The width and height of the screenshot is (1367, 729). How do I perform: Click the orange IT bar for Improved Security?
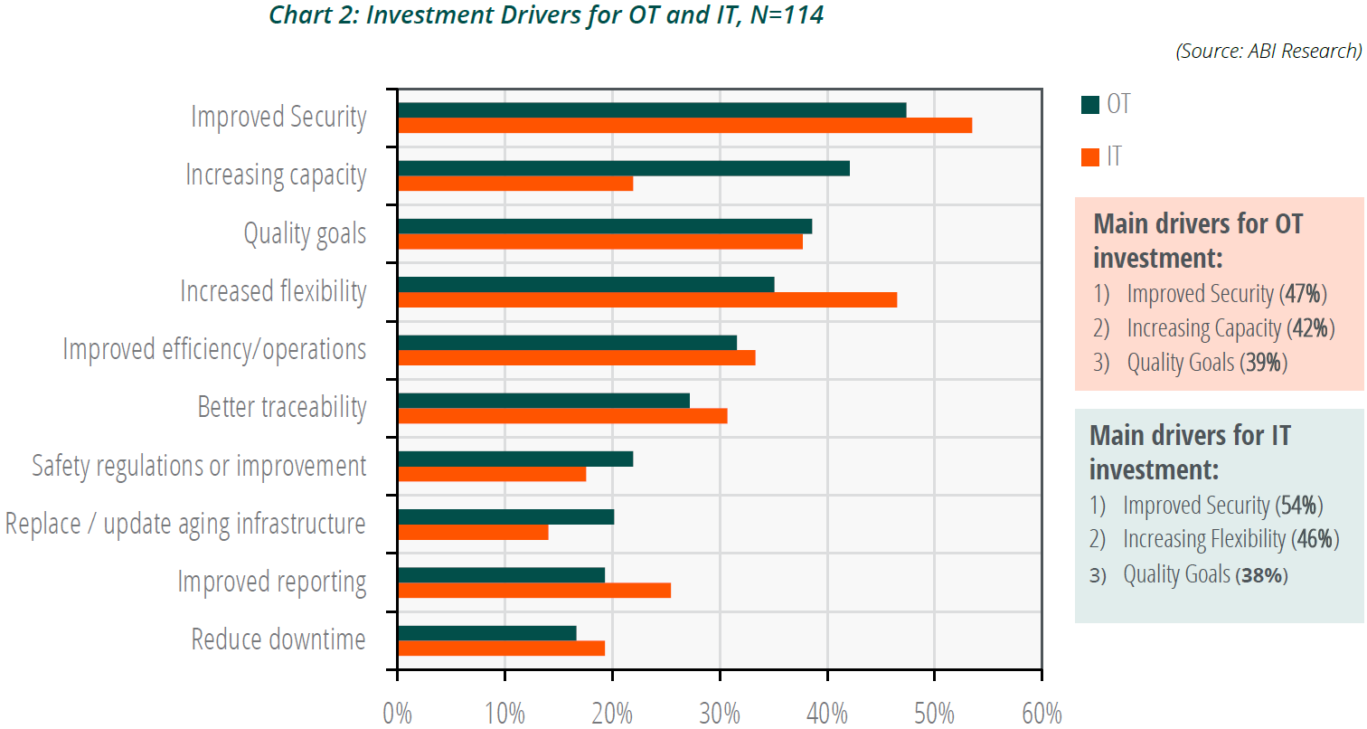tap(684, 126)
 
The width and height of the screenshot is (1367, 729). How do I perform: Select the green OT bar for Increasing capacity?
tap(623, 168)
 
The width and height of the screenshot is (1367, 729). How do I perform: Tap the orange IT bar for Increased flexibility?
tap(646, 299)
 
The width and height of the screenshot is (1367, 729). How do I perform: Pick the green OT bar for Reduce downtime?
tap(486, 633)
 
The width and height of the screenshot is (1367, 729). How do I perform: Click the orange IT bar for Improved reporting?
tap(533, 591)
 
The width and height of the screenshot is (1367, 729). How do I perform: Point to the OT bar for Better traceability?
tap(542, 401)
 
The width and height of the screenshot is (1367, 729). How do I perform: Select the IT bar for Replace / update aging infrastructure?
tap(473, 533)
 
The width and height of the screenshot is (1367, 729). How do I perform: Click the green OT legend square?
tap(1089, 105)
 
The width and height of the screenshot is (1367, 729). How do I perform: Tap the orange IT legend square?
tap(1089, 157)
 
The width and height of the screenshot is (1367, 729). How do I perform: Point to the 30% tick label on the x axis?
tap(720, 714)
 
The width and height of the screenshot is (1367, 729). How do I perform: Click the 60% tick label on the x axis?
tap(1042, 714)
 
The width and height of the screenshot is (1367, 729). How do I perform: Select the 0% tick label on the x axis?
tap(398, 714)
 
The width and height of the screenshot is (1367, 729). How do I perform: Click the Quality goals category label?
tap(305, 233)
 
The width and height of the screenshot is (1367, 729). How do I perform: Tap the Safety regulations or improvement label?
tap(199, 466)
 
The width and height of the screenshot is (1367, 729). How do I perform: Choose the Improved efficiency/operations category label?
tap(214, 349)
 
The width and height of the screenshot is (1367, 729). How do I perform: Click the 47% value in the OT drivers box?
tap(1304, 294)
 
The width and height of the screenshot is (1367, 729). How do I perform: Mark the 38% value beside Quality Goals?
tap(1262, 574)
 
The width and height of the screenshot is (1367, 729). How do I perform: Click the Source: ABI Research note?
tap(1268, 52)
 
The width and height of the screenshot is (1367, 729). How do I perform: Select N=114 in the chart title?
tap(784, 15)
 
